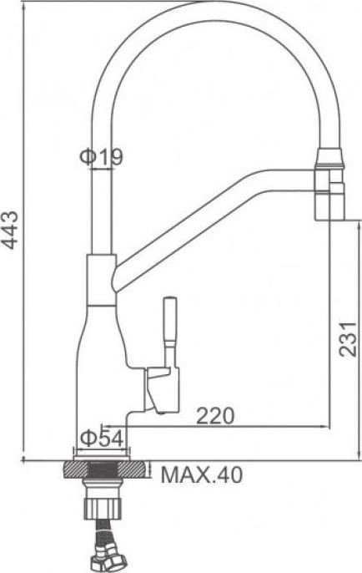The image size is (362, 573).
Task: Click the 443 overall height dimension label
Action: [10, 231]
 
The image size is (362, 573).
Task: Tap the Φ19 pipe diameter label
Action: [102, 157]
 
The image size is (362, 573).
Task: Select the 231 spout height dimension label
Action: [347, 339]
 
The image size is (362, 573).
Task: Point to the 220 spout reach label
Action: [215, 416]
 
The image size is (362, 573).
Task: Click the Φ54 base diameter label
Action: [102, 439]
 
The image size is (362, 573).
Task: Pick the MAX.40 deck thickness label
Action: [202, 475]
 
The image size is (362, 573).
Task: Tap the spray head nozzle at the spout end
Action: [329, 184]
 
